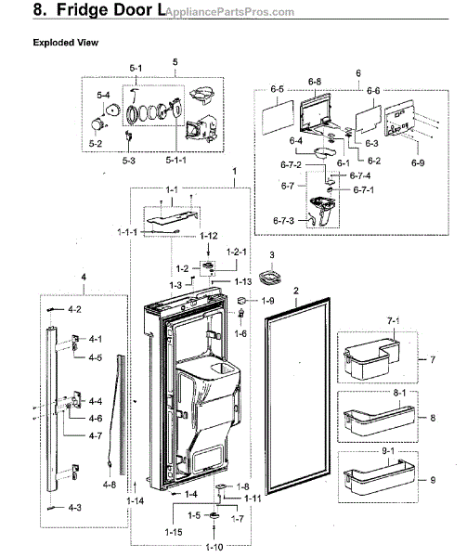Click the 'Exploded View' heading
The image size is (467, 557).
click(66, 43)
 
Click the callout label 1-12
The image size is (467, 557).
click(208, 236)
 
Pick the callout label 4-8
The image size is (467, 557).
click(109, 484)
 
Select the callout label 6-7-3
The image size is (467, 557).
click(282, 219)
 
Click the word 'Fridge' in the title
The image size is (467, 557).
click(84, 13)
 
